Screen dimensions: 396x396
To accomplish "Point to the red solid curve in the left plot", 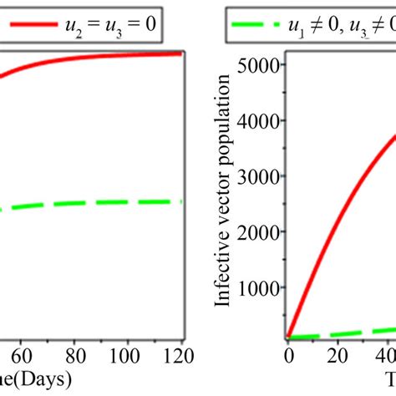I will click(x=100, y=55).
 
